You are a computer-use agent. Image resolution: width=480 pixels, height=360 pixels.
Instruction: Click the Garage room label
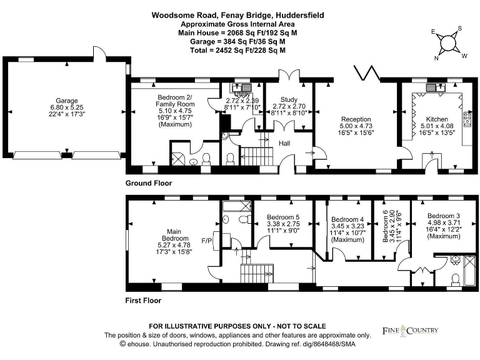pos(66,101)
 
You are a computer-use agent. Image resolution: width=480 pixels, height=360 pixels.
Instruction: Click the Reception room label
pos(356,119)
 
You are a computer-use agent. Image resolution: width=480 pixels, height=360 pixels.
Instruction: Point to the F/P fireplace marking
pos(206,241)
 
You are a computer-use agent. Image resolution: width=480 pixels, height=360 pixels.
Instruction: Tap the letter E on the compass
pos(433,31)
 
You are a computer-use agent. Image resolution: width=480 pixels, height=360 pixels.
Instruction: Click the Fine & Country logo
pos(410,331)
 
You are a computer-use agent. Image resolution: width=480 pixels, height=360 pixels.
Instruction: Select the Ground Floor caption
pos(149,183)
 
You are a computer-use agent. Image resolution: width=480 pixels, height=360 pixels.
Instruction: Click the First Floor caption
pos(144,300)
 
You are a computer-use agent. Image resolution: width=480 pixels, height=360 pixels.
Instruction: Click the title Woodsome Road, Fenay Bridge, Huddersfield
pos(237,14)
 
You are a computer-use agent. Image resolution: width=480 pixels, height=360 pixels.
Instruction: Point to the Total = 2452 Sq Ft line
pos(237,50)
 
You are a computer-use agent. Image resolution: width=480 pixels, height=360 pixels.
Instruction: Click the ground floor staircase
pos(253,154)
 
